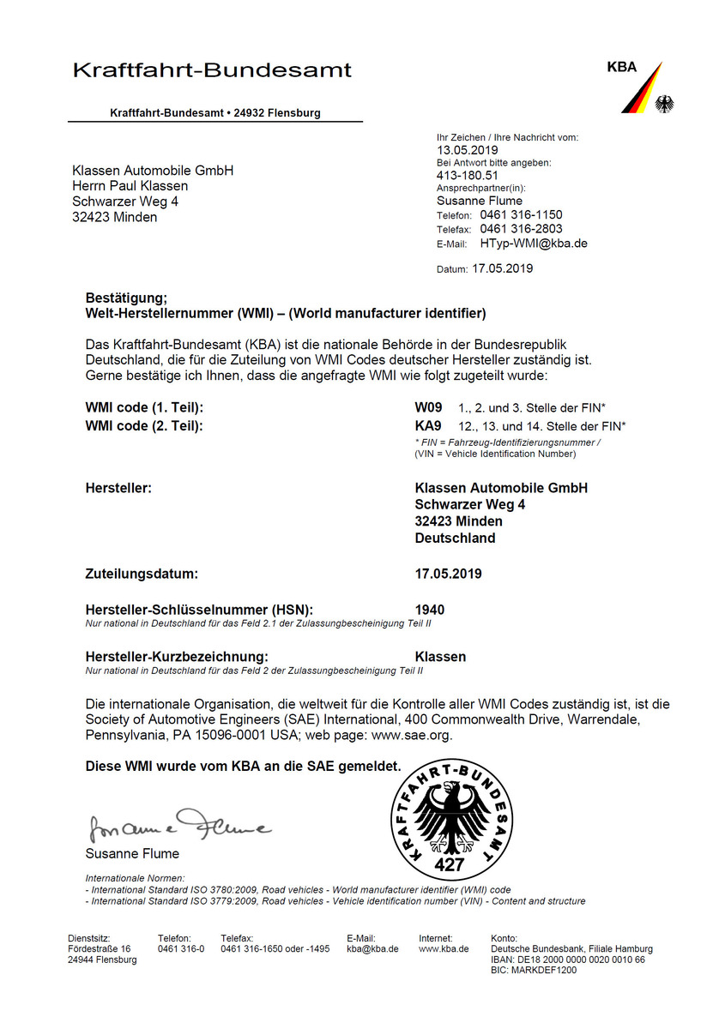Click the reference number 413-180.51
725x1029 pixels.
(468, 175)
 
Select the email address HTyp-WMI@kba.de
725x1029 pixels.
(534, 244)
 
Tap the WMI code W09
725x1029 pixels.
(428, 408)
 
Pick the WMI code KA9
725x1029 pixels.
(428, 425)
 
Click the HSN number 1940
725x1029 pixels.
(430, 610)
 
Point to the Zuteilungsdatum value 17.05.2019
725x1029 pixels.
(448, 574)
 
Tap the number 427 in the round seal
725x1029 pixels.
(449, 864)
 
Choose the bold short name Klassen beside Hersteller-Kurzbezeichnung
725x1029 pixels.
(440, 657)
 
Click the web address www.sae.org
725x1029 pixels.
(411, 735)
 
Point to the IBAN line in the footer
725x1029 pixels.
(568, 960)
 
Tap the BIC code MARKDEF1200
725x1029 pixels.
(534, 971)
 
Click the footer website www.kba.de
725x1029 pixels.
(444, 948)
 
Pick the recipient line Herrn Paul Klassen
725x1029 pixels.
(130, 186)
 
